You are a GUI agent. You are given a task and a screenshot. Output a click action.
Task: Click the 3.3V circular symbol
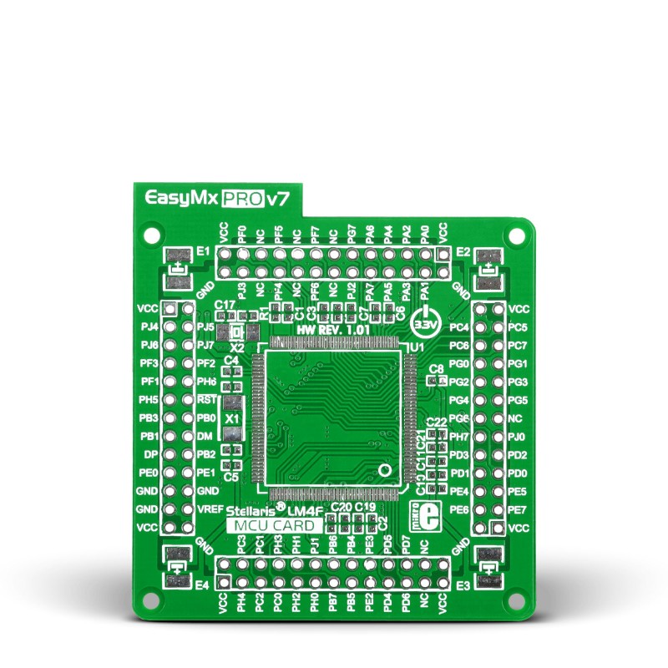pyautogui.click(x=426, y=320)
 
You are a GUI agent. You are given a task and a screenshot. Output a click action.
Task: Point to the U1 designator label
pyautogui.click(x=416, y=346)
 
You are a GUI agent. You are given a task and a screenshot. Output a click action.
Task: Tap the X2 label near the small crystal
pyautogui.click(x=237, y=346)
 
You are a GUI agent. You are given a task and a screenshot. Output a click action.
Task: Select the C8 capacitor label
pyautogui.click(x=435, y=369)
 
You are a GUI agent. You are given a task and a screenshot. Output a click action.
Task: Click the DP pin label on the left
pyautogui.click(x=151, y=454)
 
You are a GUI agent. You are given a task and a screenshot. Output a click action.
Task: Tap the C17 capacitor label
pyautogui.click(x=224, y=306)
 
